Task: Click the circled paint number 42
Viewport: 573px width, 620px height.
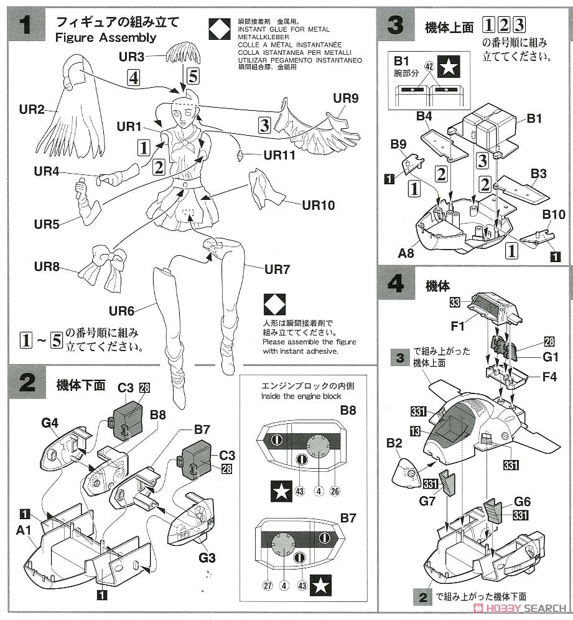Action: tap(429, 65)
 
